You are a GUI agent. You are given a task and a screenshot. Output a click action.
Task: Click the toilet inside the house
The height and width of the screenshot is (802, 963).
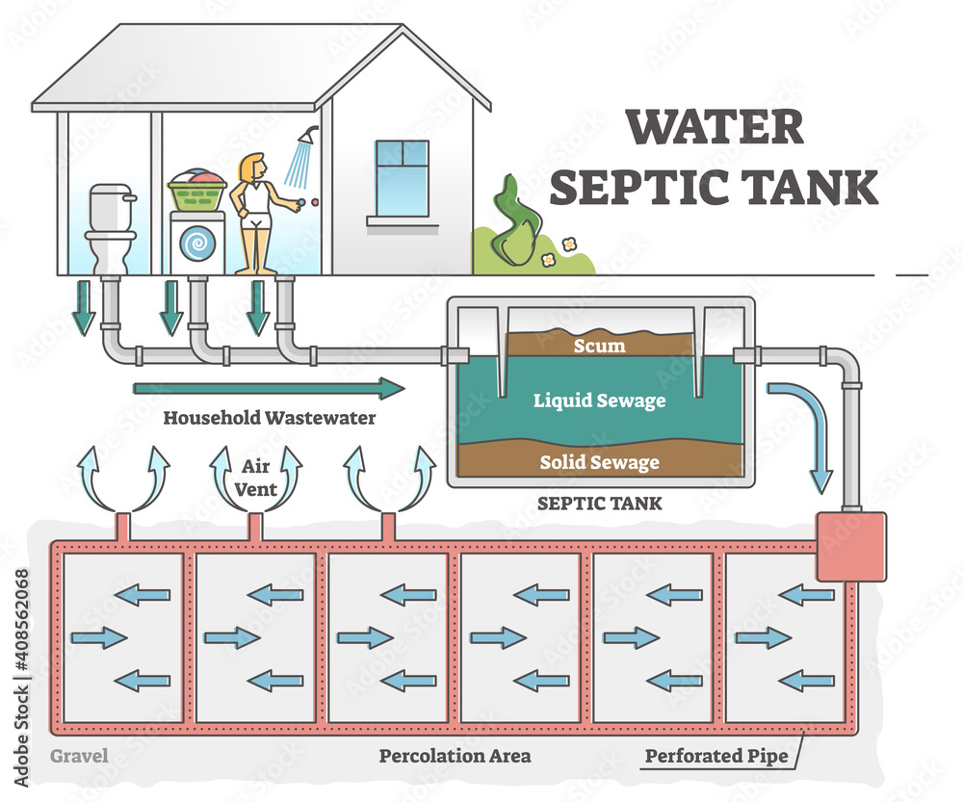(x=108, y=229)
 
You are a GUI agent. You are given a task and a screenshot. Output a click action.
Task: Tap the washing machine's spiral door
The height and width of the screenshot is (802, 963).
(x=198, y=245)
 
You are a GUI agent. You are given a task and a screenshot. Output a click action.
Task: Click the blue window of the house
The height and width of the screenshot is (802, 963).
(x=402, y=178)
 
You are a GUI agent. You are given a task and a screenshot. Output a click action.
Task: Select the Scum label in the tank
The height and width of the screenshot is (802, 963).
(x=599, y=345)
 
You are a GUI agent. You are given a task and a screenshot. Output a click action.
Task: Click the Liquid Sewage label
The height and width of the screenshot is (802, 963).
(x=599, y=400)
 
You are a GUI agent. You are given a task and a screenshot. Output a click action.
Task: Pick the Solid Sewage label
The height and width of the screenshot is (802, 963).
(x=599, y=462)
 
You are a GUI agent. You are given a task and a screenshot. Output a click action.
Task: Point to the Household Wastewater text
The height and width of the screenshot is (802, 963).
(x=269, y=419)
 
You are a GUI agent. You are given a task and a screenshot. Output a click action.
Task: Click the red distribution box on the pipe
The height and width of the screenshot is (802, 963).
(x=849, y=546)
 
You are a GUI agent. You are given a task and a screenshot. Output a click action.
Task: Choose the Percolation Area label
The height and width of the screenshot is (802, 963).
(x=454, y=756)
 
